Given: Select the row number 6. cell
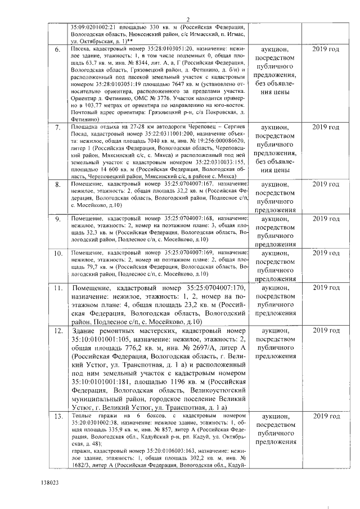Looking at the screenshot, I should tap(57, 50).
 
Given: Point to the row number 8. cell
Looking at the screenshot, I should tap(57, 185).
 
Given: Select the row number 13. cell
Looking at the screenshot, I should tap(57, 416).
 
